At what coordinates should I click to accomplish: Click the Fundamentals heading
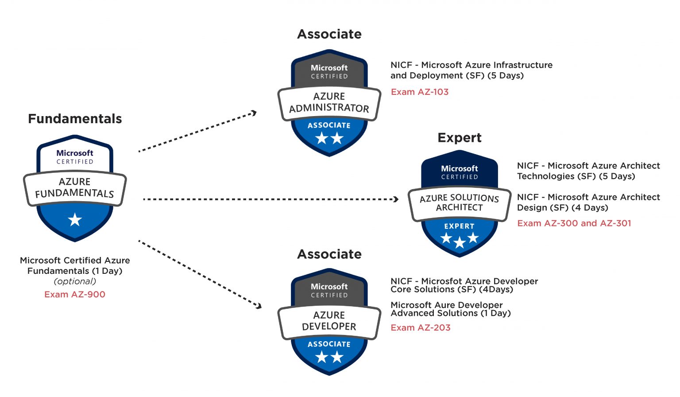click(75, 119)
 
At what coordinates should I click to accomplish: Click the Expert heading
click(459, 138)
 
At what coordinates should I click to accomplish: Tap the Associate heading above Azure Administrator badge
click(329, 34)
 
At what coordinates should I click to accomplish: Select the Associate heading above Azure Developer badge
click(329, 254)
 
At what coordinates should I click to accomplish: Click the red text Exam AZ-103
click(419, 92)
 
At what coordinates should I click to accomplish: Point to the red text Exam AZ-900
click(75, 295)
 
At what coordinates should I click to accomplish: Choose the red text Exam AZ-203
click(420, 328)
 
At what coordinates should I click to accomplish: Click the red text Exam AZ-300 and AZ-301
click(574, 223)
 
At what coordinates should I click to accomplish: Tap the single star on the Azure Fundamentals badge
click(75, 219)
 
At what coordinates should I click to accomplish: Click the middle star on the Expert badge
click(460, 242)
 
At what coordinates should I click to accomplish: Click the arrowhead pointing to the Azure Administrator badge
click(254, 113)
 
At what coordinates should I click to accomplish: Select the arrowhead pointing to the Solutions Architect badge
click(396, 199)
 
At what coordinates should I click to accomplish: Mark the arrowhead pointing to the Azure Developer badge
click(259, 306)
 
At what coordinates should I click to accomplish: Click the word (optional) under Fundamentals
click(75, 281)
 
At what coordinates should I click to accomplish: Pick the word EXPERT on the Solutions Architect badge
click(459, 226)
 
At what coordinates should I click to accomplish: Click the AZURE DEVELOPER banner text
click(329, 321)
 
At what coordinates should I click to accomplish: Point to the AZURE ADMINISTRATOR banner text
click(329, 102)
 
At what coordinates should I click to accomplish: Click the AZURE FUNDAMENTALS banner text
click(75, 188)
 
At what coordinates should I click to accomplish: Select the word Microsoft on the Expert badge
click(459, 169)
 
